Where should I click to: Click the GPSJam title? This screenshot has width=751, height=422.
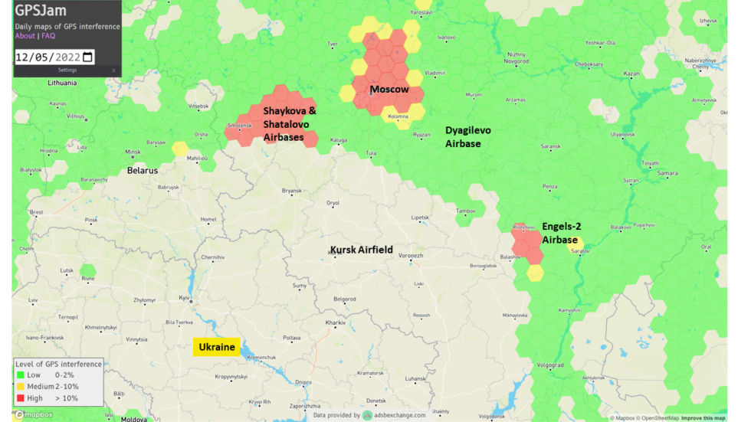(x=41, y=11)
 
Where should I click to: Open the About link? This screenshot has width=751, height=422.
(x=25, y=36)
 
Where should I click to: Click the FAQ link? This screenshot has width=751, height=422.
(x=48, y=36)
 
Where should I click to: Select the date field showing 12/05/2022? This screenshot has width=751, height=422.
(x=48, y=57)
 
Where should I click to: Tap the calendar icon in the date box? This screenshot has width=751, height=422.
(x=87, y=57)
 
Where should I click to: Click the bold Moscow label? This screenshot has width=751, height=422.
(x=389, y=90)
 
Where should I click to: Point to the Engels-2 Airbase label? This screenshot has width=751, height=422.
(x=561, y=233)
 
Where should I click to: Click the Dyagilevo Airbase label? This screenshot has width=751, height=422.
(x=467, y=137)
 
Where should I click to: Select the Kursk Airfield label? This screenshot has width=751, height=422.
(x=361, y=250)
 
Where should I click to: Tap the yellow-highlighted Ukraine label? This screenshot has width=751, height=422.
(x=216, y=347)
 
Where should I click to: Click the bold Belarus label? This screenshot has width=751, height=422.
(x=142, y=170)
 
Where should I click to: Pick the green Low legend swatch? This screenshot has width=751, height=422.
(x=21, y=375)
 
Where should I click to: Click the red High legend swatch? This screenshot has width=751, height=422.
(x=21, y=398)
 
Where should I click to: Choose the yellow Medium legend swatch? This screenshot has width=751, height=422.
(x=21, y=387)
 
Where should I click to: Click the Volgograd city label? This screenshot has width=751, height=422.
(x=550, y=365)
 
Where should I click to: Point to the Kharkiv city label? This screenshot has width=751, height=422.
(x=335, y=323)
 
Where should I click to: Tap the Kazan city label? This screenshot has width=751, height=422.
(x=631, y=74)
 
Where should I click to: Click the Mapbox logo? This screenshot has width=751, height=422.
(x=34, y=415)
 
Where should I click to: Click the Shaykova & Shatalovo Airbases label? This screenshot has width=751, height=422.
(x=290, y=124)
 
